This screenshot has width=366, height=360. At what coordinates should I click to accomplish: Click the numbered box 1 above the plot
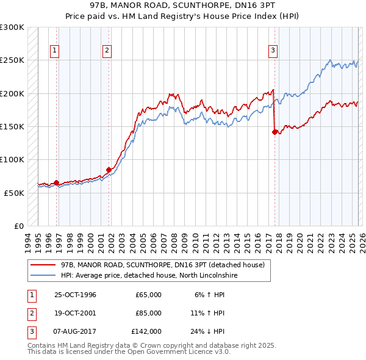tap(55, 51)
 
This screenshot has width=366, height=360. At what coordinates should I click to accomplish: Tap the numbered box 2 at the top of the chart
tap(107, 51)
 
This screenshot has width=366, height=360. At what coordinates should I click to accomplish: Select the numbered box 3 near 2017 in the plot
tap(273, 51)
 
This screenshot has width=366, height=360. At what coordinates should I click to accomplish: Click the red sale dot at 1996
tap(57, 182)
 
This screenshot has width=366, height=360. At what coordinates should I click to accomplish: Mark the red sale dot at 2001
tap(109, 170)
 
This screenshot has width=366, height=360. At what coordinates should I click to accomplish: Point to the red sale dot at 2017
tap(274, 131)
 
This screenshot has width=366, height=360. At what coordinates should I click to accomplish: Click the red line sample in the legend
tap(42, 265)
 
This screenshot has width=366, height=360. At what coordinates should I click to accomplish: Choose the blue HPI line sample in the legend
tap(42, 276)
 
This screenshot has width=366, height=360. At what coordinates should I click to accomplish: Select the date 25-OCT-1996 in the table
tap(75, 295)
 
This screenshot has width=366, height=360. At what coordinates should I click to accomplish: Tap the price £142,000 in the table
tap(146, 331)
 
